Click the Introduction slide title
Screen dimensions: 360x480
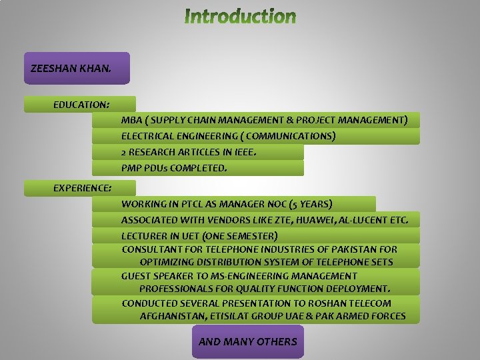click(240, 16)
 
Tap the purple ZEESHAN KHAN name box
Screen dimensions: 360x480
click(77, 68)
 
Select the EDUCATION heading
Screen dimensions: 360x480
click(81, 105)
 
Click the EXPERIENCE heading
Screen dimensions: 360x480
click(82, 188)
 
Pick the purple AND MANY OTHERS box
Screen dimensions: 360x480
click(247, 342)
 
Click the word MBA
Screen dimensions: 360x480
click(131, 121)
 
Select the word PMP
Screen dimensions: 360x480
click(131, 168)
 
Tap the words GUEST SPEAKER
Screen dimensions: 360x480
click(157, 276)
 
